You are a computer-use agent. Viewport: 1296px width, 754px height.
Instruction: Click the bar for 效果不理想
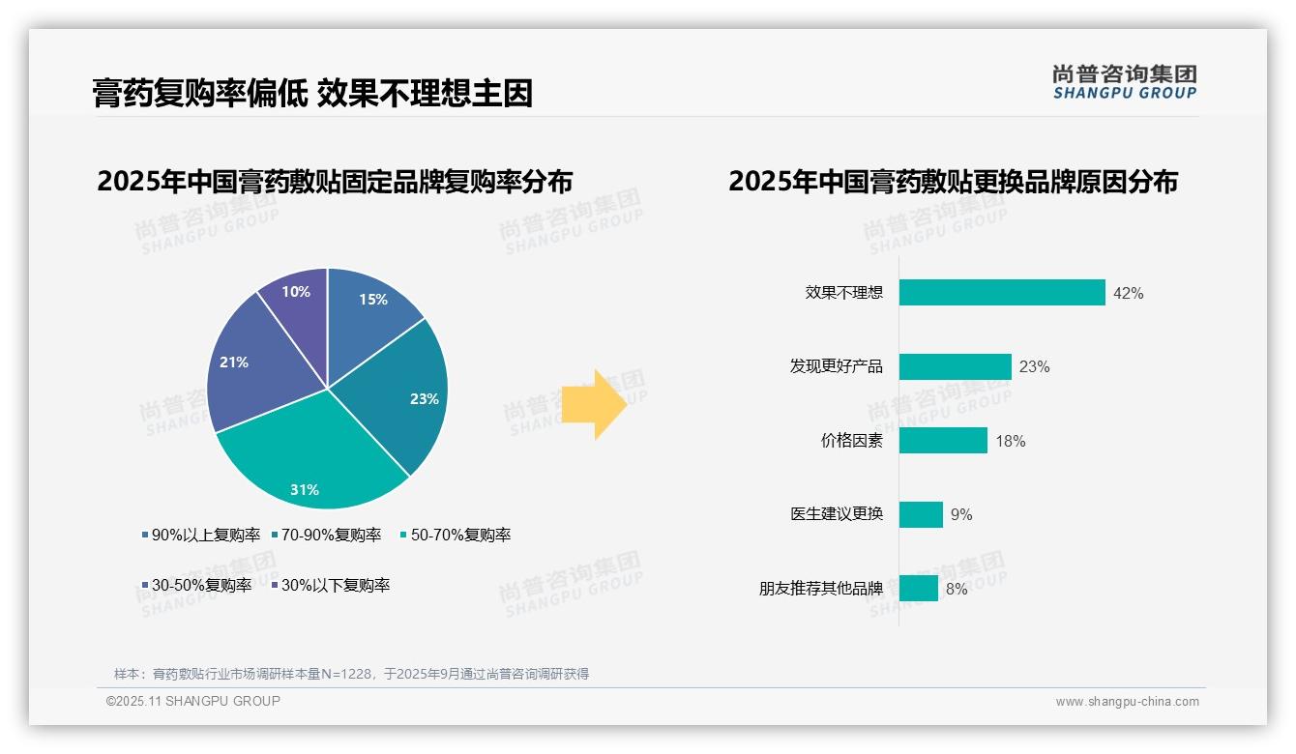click(1002, 293)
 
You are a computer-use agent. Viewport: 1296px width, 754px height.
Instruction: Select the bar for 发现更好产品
click(955, 366)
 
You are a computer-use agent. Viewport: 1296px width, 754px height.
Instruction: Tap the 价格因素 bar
click(943, 441)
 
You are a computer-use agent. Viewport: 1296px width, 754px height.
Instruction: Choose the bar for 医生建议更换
click(921, 514)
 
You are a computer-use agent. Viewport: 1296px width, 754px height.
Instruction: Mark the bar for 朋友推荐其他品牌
click(918, 588)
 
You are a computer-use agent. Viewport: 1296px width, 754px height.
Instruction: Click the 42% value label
click(1128, 293)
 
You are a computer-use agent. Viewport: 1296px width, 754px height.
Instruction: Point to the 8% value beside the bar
click(957, 589)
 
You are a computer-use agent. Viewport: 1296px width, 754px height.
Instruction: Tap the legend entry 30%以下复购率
click(335, 585)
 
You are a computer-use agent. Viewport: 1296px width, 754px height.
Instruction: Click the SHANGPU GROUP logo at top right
click(1125, 81)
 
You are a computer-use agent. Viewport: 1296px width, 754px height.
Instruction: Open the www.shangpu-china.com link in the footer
click(1127, 702)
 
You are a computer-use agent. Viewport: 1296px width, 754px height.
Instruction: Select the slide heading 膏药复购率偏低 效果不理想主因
click(312, 93)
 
